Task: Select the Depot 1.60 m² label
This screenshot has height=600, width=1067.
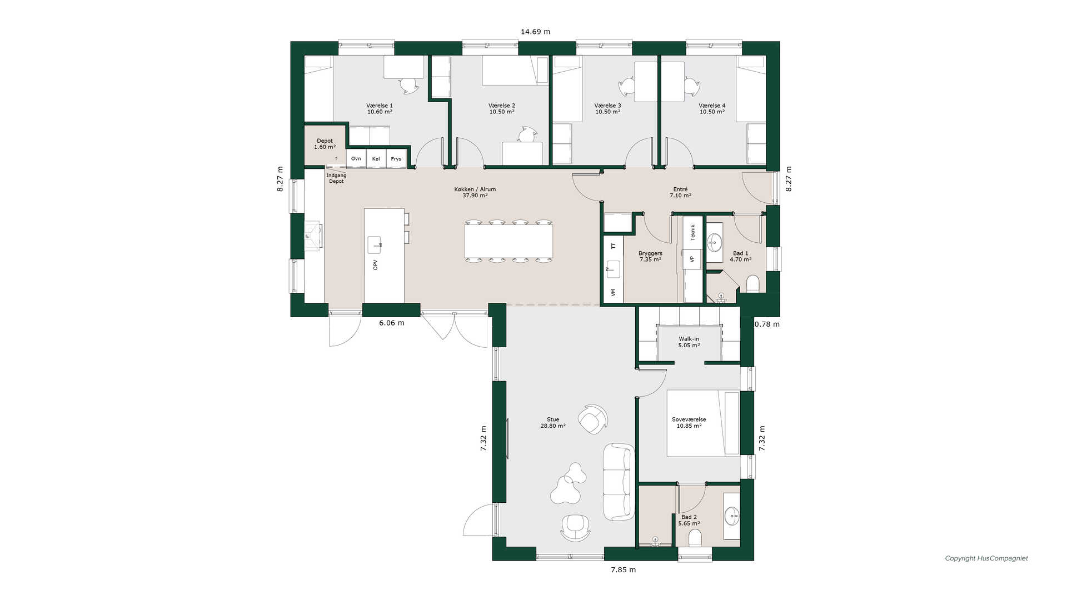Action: [325, 144]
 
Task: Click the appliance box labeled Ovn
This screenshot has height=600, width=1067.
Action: [356, 158]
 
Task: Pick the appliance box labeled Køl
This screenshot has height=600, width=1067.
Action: [376, 158]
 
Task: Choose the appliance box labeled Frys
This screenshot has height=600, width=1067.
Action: [396, 158]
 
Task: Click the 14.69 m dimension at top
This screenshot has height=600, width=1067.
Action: [536, 32]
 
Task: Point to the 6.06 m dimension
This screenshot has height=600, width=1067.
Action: [392, 323]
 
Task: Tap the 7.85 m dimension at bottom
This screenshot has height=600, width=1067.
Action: [624, 569]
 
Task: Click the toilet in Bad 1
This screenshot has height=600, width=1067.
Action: [753, 284]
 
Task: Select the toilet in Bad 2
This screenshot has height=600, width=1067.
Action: [695, 538]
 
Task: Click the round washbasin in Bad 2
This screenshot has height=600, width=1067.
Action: [732, 516]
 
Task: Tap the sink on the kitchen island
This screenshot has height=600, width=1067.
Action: [375, 244]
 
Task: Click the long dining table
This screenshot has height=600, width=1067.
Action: [509, 241]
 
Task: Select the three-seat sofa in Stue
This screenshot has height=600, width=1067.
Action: [619, 482]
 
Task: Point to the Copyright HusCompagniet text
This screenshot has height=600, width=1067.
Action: [986, 558]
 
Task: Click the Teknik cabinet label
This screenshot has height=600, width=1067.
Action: [692, 232]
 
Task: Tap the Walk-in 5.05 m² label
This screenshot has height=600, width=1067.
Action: [689, 342]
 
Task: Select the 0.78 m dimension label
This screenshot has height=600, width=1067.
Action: [767, 324]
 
